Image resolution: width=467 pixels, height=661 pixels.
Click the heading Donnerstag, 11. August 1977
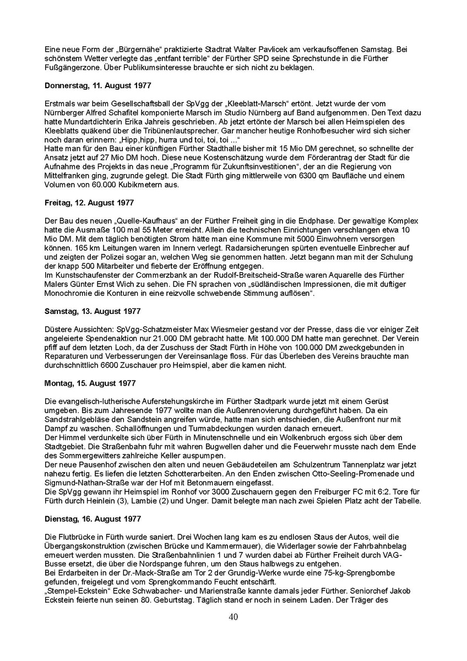pos(97,86)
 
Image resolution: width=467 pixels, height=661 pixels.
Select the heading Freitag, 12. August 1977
pos(89,203)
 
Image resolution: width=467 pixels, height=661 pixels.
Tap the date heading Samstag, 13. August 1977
pos(92,311)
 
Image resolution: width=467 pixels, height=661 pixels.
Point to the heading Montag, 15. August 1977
pos(90,383)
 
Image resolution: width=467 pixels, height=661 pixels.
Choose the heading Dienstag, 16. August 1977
pos(93,519)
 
